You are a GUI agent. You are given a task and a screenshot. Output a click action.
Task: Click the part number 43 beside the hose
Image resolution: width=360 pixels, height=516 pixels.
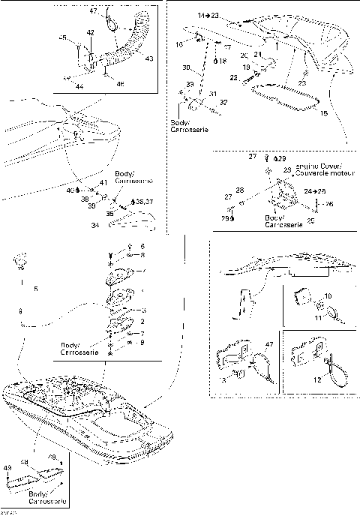pos(149,58)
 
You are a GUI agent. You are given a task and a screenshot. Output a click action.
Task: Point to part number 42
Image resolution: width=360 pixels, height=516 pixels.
pos(90,33)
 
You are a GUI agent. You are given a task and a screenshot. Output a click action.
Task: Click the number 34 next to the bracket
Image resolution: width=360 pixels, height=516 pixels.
pos(115,225)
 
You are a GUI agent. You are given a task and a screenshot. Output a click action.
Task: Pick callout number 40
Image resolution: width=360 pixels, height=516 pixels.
pos(70,190)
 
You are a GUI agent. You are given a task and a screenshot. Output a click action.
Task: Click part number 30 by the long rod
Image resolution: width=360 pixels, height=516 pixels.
pos(185,67)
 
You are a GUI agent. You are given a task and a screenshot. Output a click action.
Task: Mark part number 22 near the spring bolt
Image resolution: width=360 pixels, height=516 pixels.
pos(234,77)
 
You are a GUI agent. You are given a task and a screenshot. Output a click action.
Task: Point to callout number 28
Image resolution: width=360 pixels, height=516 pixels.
pos(240,190)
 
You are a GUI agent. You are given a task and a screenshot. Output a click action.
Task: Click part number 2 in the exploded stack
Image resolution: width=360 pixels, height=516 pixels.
pos(142,321)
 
